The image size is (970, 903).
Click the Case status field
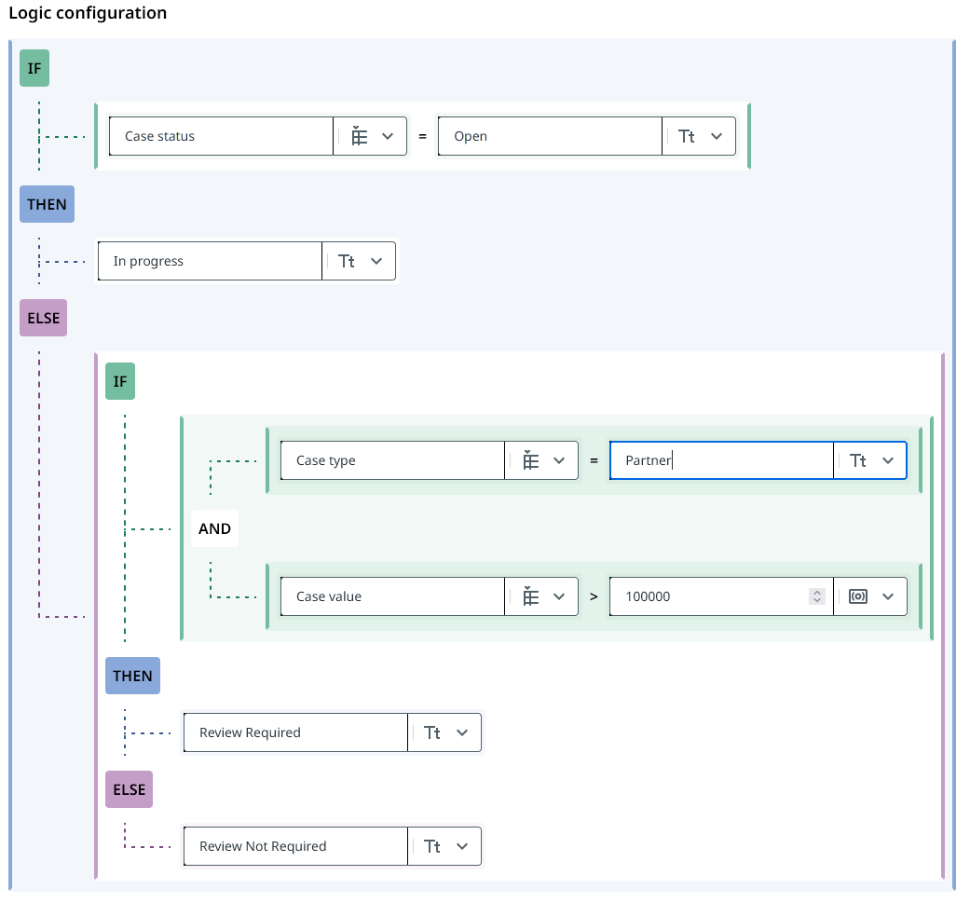(222, 136)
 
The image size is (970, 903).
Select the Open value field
(550, 136)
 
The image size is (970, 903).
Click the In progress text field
(210, 261)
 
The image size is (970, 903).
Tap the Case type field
(392, 460)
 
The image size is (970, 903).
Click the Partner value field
(721, 460)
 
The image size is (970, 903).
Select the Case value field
(392, 596)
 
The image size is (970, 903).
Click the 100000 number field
(708, 596)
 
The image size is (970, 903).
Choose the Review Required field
(295, 732)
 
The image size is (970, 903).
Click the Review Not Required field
(295, 846)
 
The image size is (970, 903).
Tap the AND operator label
(214, 528)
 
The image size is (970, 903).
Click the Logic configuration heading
(88, 13)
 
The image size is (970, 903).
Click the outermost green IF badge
(34, 69)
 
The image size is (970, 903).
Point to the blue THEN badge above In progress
(47, 204)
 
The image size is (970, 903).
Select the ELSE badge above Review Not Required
(129, 789)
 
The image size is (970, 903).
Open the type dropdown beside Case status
(372, 136)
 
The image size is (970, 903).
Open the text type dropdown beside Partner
(871, 460)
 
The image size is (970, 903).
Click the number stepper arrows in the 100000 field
(817, 596)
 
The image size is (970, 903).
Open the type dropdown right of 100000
(871, 596)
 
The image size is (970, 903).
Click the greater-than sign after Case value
(594, 596)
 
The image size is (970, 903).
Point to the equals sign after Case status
(422, 136)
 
